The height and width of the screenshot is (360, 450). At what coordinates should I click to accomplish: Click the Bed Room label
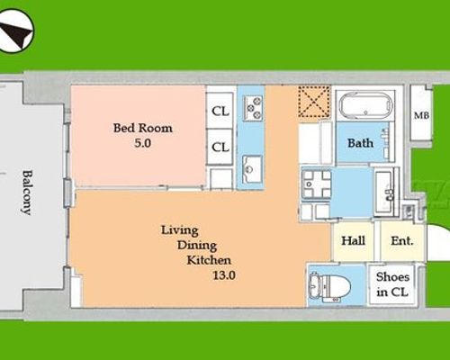143,128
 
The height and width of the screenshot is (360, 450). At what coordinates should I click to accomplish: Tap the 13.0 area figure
224,275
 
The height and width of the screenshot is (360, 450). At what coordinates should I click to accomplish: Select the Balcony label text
27,193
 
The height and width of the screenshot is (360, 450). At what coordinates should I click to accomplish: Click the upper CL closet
220,111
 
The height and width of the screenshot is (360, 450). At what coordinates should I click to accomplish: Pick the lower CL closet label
220,147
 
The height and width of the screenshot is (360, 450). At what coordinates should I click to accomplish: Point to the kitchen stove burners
253,108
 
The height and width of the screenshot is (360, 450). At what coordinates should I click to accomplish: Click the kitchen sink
252,169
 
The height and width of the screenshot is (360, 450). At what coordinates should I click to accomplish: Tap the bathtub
365,105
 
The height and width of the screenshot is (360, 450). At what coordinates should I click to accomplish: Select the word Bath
360,143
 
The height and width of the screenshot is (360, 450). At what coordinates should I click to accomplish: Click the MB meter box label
421,115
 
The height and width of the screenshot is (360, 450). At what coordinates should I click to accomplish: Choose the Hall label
353,240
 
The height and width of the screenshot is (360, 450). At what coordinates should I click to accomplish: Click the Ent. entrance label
402,240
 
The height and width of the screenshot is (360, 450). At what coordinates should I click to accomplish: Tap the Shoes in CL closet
392,284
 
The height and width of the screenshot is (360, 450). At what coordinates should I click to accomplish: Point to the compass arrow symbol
16,31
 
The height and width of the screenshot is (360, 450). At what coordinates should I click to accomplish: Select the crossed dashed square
314,101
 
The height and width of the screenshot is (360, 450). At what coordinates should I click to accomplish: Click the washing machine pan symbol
317,184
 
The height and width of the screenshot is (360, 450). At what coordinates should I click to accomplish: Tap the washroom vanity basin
384,191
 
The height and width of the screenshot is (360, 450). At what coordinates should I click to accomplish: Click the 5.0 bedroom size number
142,143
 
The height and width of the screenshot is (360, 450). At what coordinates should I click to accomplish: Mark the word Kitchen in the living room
209,260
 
